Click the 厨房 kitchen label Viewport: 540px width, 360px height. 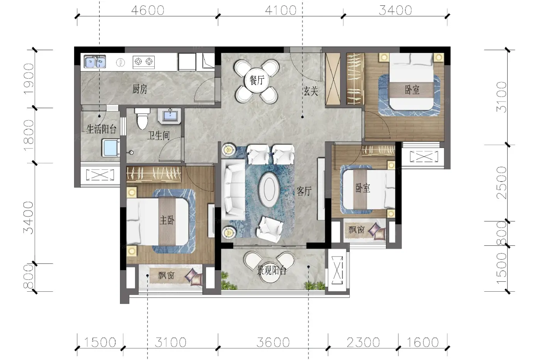coord(140,89)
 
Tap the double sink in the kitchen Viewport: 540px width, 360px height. coord(95,61)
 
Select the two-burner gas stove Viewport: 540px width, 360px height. coord(143,62)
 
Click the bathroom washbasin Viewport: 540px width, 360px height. coord(169,116)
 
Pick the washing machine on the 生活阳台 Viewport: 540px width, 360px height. coord(111,147)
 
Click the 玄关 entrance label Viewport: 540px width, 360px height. coord(311,91)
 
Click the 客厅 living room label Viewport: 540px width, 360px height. coord(304,191)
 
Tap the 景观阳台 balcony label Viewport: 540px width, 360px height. coord(272,271)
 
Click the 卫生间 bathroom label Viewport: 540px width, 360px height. coord(159,135)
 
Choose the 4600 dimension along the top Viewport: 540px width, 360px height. coord(148,10)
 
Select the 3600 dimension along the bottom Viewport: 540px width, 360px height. coord(273,342)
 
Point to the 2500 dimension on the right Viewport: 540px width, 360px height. coord(501,183)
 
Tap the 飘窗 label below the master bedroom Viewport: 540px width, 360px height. coord(166,275)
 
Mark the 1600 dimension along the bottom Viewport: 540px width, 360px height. coord(423,342)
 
